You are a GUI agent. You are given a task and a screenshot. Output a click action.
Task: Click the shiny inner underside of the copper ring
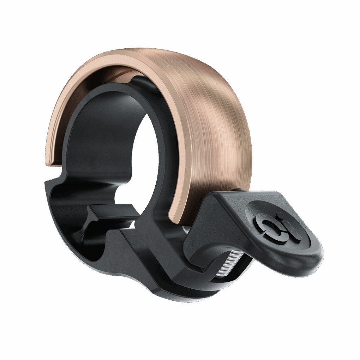tap(106, 76)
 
